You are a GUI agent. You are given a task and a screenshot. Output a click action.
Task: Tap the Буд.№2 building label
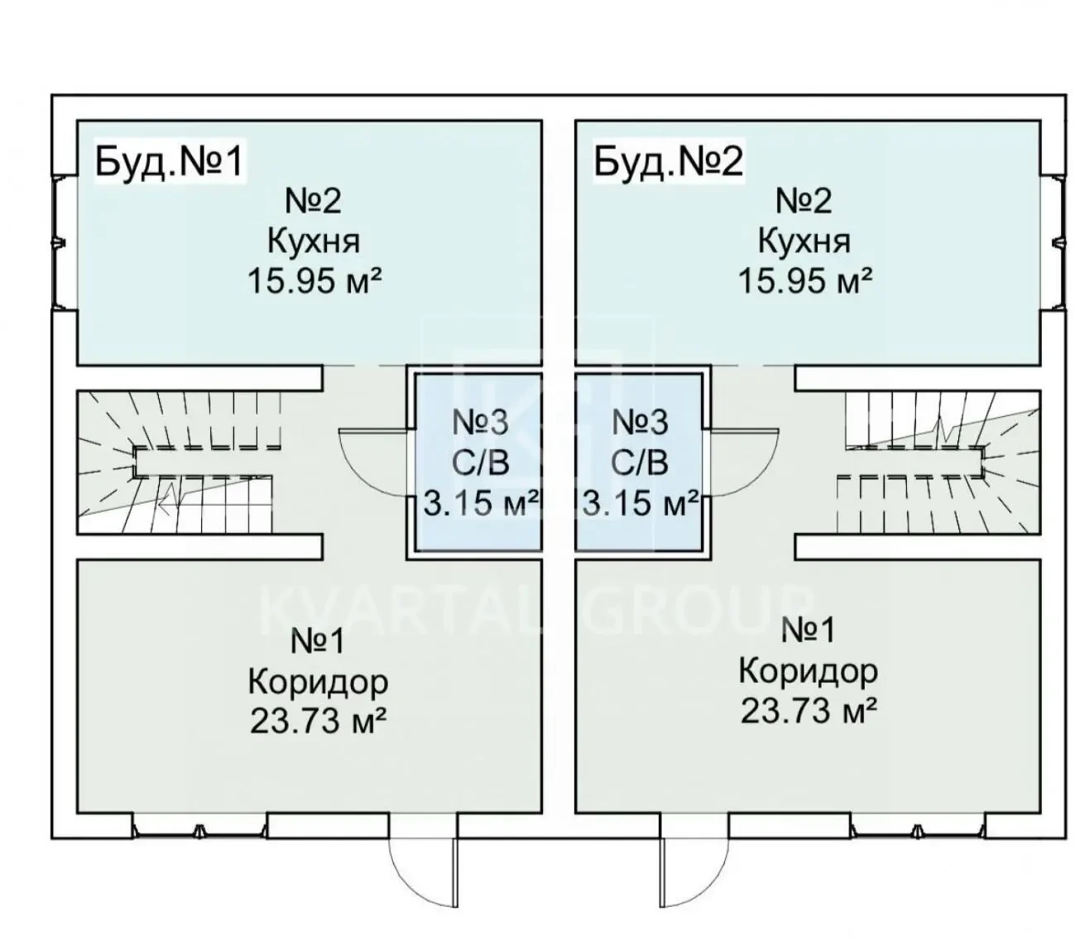[x=667, y=161]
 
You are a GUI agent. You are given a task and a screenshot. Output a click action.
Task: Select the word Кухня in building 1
[x=313, y=242]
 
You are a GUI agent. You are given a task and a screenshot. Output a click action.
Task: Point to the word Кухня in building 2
[x=804, y=242]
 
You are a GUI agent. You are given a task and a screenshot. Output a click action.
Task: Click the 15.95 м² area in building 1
[x=313, y=281]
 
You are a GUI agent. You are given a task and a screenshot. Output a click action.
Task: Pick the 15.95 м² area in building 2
[x=804, y=281]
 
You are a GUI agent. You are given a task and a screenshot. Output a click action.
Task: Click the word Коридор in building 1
[x=317, y=683]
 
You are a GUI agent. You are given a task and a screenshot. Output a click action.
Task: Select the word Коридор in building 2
[x=807, y=671]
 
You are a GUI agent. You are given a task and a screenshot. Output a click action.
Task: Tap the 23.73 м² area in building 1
[x=317, y=722]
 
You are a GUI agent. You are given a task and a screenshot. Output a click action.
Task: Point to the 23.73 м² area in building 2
[x=807, y=711]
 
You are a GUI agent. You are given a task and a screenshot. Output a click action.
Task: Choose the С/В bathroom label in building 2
[x=638, y=463]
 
